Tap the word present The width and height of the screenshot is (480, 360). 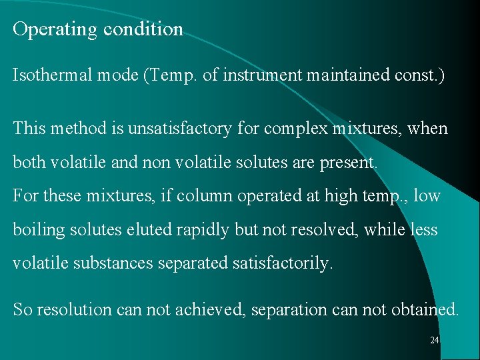351,162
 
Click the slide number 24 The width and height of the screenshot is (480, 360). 435,341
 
